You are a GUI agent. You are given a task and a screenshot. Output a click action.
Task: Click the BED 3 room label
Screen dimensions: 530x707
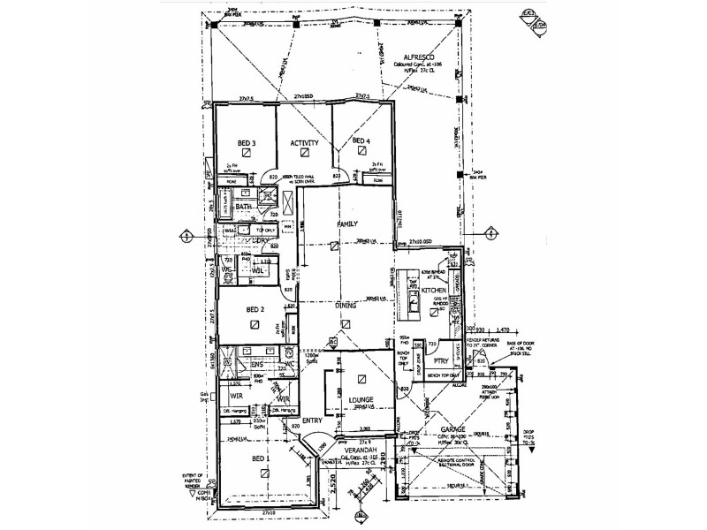pyautogui.click(x=247, y=142)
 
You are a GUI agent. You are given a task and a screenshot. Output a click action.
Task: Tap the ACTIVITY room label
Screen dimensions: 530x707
pyautogui.click(x=303, y=142)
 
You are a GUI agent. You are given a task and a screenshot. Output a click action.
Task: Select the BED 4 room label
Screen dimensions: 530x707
pyautogui.click(x=361, y=141)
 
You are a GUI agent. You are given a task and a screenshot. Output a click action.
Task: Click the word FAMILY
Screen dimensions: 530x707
pyautogui.click(x=346, y=224)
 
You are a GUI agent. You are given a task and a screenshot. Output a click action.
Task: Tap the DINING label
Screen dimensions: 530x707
pyautogui.click(x=346, y=306)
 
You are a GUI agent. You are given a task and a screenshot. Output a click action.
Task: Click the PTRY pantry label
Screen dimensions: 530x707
pyautogui.click(x=442, y=360)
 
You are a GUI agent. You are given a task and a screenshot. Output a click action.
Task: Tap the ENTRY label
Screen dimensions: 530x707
pyautogui.click(x=313, y=420)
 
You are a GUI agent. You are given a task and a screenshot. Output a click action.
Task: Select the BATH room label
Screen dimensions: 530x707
pyautogui.click(x=244, y=207)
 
